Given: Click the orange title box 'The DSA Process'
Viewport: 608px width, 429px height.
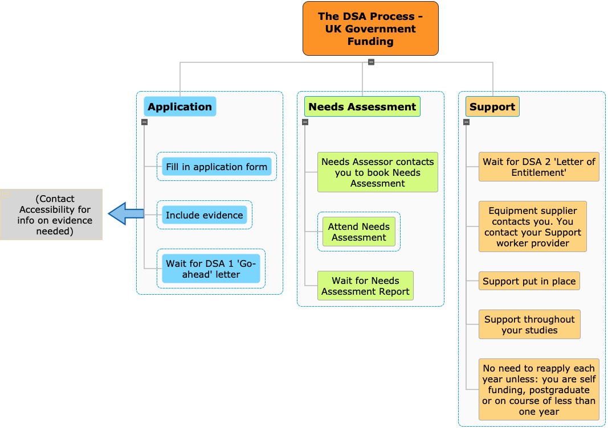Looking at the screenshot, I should (x=370, y=28).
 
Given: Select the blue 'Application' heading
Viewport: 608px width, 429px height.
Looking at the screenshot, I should (x=179, y=106).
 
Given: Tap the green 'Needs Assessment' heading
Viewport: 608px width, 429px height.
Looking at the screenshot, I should (x=362, y=106).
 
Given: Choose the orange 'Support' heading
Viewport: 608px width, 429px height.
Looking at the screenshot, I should (x=492, y=106).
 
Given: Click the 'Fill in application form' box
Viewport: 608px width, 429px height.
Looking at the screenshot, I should (x=217, y=167).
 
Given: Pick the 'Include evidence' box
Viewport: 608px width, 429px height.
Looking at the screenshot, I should (x=205, y=215).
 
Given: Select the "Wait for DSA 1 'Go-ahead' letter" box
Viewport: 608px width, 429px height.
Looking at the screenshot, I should (x=211, y=269).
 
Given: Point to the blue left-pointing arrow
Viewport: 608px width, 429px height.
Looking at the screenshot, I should (x=126, y=213).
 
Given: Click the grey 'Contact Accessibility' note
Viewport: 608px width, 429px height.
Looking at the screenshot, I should (x=51, y=214).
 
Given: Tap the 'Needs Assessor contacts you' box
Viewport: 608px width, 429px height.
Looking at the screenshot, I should (x=378, y=172).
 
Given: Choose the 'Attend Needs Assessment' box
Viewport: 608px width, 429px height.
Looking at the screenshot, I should (x=359, y=232).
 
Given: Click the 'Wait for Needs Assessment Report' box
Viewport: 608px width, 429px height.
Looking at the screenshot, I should (x=365, y=286).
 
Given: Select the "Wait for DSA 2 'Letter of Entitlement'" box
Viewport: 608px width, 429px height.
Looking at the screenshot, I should (x=538, y=167).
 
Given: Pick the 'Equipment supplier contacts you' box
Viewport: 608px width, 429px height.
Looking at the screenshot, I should (x=533, y=226).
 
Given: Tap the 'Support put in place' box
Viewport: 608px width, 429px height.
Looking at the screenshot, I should (x=529, y=281).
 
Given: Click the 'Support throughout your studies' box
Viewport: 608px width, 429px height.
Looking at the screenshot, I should (x=529, y=324).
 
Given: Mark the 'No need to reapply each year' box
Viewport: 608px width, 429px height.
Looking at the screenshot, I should (x=538, y=390).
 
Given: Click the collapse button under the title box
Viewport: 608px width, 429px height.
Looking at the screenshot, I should (x=371, y=61).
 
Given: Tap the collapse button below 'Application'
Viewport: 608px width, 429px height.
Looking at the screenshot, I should (x=145, y=122).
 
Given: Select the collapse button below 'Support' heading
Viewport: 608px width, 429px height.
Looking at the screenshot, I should (x=467, y=122).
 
